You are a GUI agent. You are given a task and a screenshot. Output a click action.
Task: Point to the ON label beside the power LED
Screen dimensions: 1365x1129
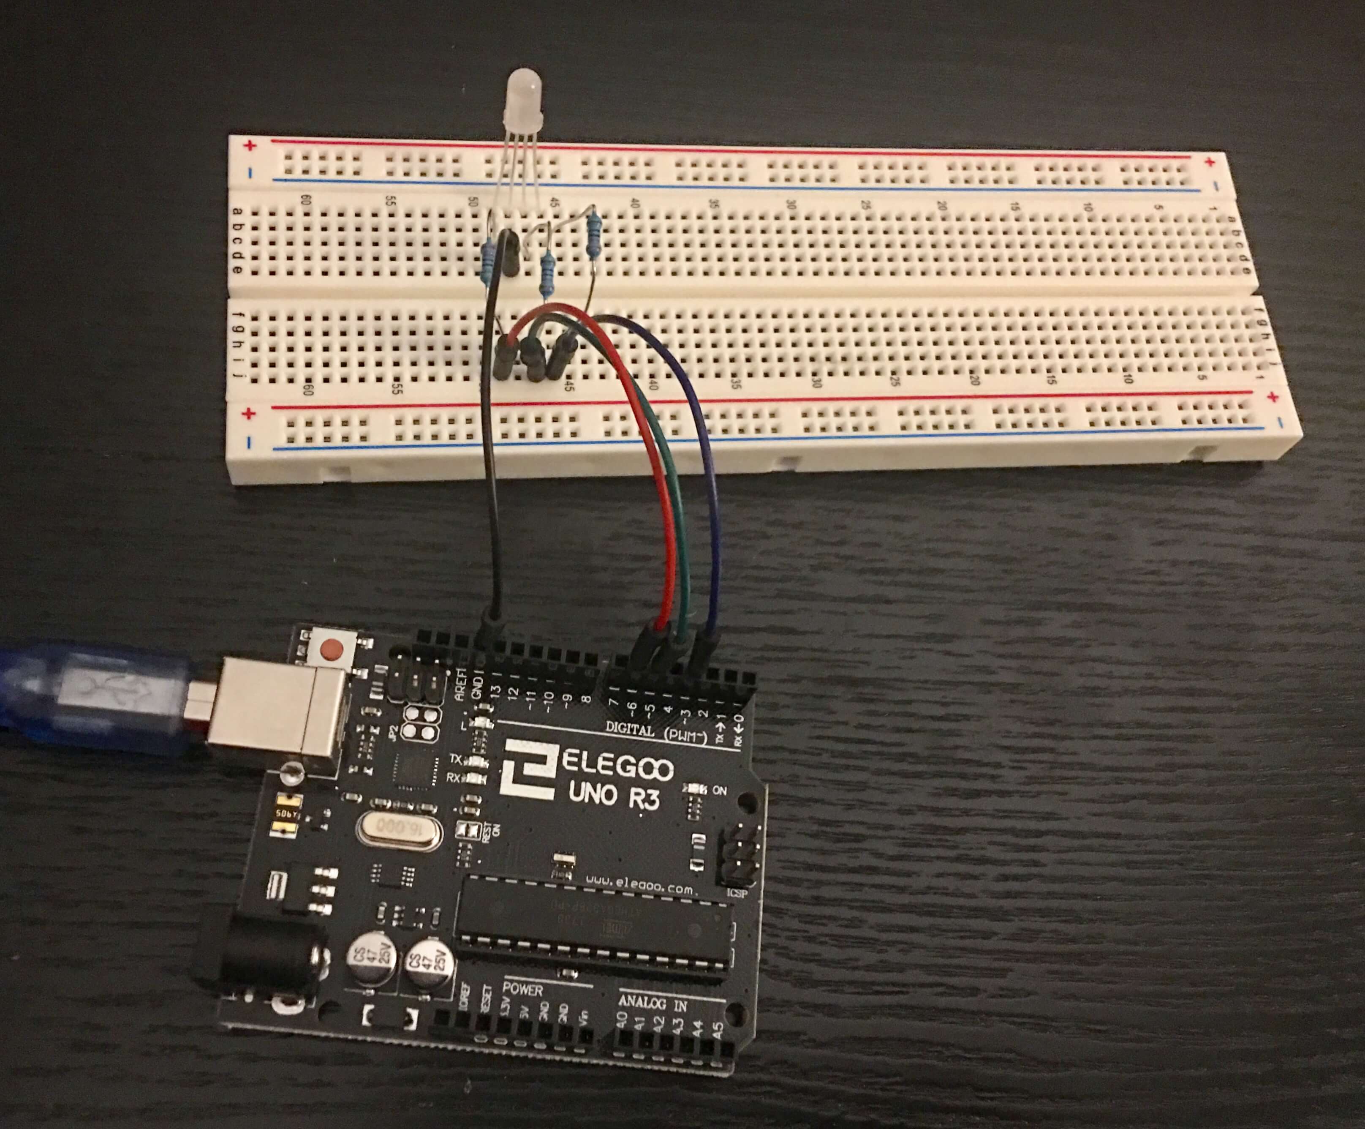[x=720, y=791]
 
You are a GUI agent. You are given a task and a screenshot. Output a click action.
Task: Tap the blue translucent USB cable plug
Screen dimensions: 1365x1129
[x=98, y=696]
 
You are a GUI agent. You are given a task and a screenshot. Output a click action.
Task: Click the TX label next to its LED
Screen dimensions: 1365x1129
[x=455, y=759]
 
